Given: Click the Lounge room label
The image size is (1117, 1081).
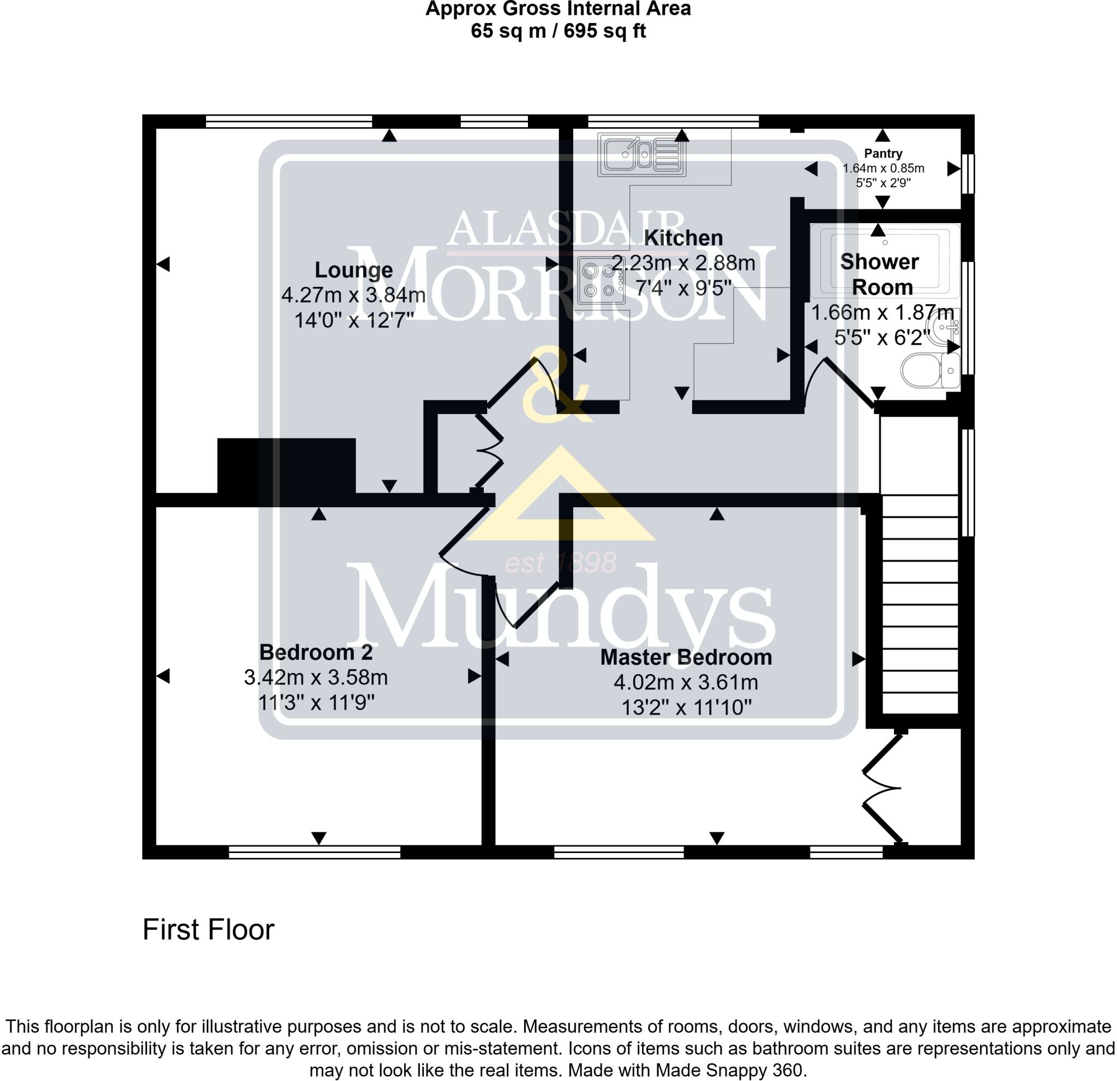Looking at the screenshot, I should pyautogui.click(x=353, y=269).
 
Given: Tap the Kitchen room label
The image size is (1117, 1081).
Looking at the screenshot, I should pyautogui.click(x=683, y=238).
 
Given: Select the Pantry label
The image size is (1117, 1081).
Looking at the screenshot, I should pyautogui.click(x=883, y=153).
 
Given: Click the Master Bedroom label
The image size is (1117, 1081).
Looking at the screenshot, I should pyautogui.click(x=686, y=658).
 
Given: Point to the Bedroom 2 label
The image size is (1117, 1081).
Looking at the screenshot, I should pyautogui.click(x=316, y=652).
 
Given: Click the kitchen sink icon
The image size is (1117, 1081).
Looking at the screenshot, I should pyautogui.click(x=641, y=154).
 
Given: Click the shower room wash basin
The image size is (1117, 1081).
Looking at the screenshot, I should pyautogui.click(x=946, y=328).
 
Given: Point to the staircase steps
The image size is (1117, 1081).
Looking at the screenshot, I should pyautogui.click(x=920, y=604).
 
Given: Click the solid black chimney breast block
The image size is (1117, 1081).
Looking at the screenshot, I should pyautogui.click(x=286, y=466).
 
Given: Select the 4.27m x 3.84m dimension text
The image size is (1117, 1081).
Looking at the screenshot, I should pyautogui.click(x=353, y=295).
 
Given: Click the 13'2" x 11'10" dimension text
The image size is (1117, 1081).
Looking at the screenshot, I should pyautogui.click(x=686, y=708).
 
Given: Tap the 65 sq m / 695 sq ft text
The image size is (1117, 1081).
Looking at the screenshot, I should pyautogui.click(x=558, y=31).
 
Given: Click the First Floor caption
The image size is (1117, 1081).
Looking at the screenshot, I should pyautogui.click(x=208, y=930).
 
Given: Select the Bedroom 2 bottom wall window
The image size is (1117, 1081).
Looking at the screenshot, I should pyautogui.click(x=315, y=852).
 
